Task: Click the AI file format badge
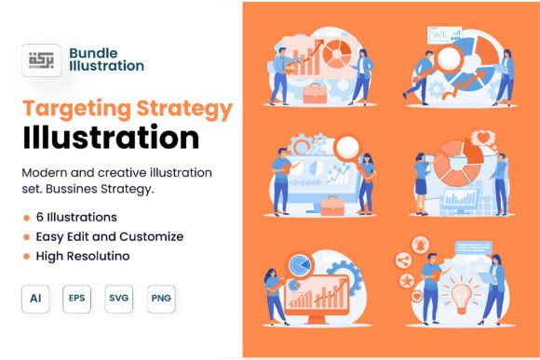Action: click(x=35, y=299)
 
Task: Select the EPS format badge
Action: click(x=76, y=299)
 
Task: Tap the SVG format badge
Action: click(x=119, y=299)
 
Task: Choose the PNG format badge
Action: click(x=161, y=299)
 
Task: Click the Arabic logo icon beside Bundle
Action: click(x=41, y=60)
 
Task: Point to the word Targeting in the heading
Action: click(x=77, y=110)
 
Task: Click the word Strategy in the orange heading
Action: click(x=184, y=110)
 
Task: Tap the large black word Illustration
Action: click(x=111, y=138)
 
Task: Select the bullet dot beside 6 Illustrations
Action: click(x=26, y=218)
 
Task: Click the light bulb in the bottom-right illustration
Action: click(x=462, y=298)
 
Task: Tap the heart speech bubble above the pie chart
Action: click(x=483, y=139)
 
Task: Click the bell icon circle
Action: click(x=421, y=245)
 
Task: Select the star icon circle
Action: click(x=408, y=281)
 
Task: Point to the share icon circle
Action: click(x=404, y=260)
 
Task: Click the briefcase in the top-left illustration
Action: click(x=315, y=93)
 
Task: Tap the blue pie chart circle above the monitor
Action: click(x=300, y=265)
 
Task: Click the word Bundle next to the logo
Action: click(x=93, y=53)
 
